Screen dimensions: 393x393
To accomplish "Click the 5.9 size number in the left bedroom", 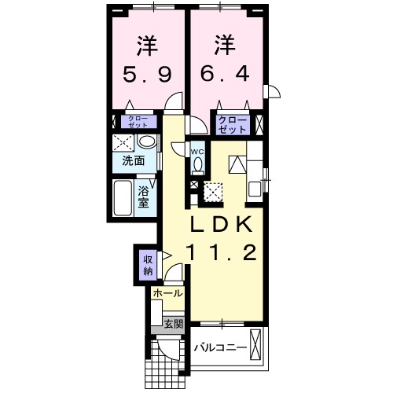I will tap(146, 77).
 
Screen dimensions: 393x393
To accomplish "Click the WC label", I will tap(197, 151).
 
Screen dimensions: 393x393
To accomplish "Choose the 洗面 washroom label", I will tap(133, 161).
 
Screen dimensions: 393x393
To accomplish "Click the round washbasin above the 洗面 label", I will tap(145, 142).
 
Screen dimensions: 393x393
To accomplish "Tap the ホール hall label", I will tap(167, 293).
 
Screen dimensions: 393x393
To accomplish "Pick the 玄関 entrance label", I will tap(173, 321).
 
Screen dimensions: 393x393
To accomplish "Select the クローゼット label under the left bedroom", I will tap(138, 122).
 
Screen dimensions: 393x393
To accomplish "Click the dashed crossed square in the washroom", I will tap(123, 142).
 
